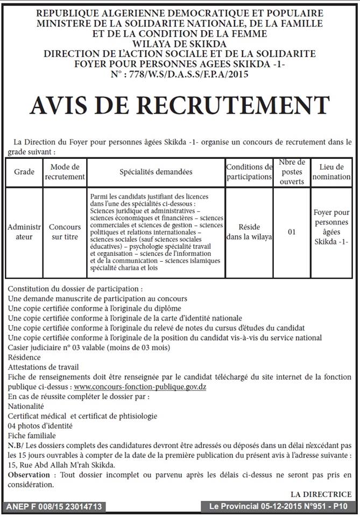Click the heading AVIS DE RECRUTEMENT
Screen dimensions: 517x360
click(x=180, y=106)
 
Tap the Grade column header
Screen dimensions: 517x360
click(x=24, y=172)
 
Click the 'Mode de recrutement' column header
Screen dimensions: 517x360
click(x=65, y=172)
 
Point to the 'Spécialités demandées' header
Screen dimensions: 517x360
click(x=156, y=172)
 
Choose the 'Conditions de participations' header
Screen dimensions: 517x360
click(x=249, y=172)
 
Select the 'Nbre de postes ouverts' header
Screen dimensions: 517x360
click(x=292, y=172)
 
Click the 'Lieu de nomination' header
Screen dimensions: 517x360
click(x=331, y=172)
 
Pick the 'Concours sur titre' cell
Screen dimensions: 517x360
click(x=65, y=232)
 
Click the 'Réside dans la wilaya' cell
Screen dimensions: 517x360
click(x=249, y=232)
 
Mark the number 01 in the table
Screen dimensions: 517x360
click(x=292, y=232)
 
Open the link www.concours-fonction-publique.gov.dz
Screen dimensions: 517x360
click(x=140, y=387)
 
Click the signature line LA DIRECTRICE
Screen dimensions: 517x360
click(x=321, y=494)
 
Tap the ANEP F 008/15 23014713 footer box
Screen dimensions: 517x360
click(x=53, y=507)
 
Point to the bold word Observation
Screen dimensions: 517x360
click(x=30, y=474)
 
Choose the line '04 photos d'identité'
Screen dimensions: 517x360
click(x=40, y=425)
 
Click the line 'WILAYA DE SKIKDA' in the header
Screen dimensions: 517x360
click(x=180, y=44)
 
